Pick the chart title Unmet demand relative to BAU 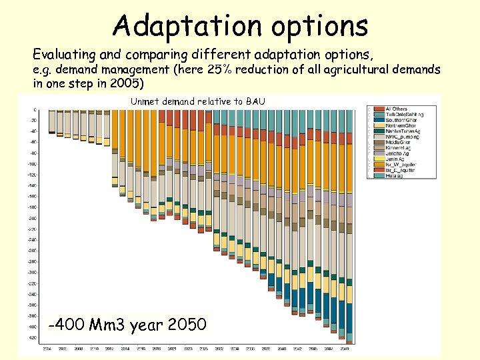click(x=198, y=101)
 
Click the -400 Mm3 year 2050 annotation click(x=129, y=325)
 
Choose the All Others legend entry click(x=395, y=109)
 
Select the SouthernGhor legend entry click(x=399, y=120)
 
